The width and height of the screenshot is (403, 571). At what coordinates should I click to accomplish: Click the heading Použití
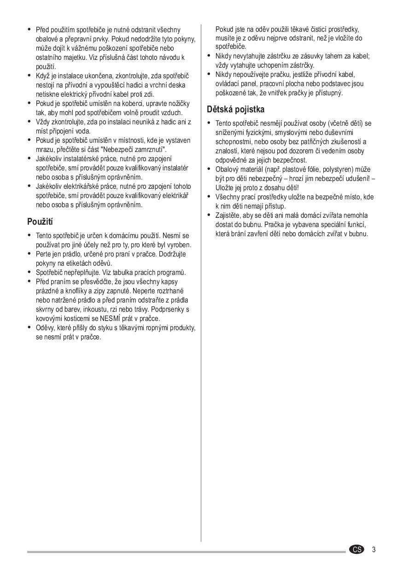[x=40, y=222]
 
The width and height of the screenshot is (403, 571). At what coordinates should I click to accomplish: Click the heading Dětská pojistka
[x=235, y=110]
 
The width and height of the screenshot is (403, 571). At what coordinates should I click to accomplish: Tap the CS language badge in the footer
[x=356, y=549]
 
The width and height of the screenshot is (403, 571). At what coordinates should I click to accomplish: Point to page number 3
[x=374, y=549]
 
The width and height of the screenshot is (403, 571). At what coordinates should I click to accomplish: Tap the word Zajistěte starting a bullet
[x=229, y=216]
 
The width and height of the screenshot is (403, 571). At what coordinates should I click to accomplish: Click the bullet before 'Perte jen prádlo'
[x=30, y=254]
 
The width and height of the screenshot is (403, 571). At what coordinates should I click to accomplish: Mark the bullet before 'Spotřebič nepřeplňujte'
[x=30, y=273]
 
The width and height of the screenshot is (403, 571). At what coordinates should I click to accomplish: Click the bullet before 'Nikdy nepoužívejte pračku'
[x=209, y=75]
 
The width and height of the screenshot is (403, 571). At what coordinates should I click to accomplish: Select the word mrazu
[x=44, y=150]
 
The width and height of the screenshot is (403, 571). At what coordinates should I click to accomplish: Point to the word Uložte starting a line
[x=224, y=188]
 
